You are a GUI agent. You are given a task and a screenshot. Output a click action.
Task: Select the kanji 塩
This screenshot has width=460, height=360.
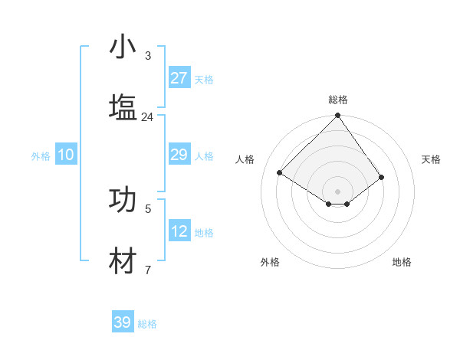(x=123, y=106)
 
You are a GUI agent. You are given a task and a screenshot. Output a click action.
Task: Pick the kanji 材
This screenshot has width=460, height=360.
(x=123, y=260)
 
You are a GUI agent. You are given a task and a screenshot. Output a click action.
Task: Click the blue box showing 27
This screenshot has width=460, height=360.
(x=179, y=78)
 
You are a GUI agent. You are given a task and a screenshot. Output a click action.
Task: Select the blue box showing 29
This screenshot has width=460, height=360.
(x=179, y=155)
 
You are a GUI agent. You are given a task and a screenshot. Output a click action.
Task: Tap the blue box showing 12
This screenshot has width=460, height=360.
(x=179, y=232)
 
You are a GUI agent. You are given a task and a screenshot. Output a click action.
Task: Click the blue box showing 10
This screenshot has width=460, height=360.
(x=66, y=155)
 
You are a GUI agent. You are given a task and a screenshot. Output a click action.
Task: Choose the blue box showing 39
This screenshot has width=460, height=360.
(x=123, y=323)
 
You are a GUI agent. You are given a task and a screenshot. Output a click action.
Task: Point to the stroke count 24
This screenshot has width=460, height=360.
(x=147, y=117)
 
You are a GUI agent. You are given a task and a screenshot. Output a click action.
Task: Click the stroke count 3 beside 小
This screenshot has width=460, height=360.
(x=147, y=56)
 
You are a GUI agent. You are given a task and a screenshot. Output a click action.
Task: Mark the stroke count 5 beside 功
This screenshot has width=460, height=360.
(x=147, y=208)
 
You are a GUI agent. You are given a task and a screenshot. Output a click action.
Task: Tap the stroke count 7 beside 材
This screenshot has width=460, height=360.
(x=147, y=270)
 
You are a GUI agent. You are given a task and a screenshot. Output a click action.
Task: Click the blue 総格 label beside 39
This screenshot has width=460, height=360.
(x=147, y=324)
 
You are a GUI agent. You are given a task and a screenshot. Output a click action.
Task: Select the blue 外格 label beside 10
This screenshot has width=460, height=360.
(x=41, y=156)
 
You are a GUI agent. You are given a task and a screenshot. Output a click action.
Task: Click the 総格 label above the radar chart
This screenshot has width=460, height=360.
(x=337, y=100)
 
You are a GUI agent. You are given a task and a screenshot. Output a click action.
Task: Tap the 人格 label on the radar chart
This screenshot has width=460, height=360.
(x=245, y=159)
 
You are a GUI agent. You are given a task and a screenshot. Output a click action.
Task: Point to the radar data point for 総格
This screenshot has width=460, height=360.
(x=337, y=116)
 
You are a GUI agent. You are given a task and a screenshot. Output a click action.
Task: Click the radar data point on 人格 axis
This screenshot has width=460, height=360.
(x=280, y=173)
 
